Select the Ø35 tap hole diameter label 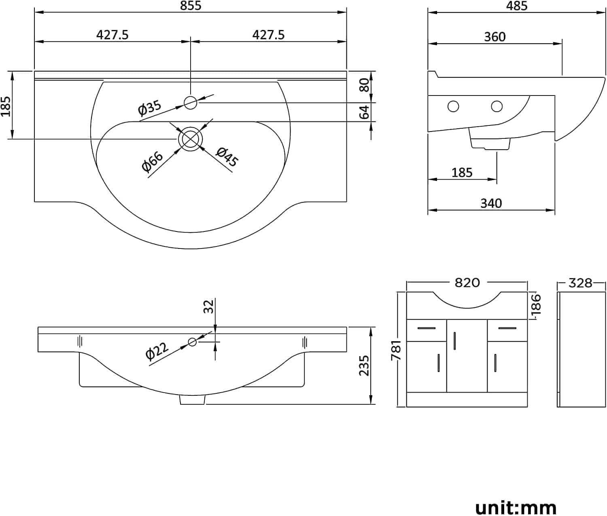click(x=149, y=108)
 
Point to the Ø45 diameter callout click(x=227, y=157)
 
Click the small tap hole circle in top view click(x=191, y=103)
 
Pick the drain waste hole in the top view click(x=191, y=139)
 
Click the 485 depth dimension click(x=516, y=6)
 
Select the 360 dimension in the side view click(x=495, y=37)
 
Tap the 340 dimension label click(x=491, y=203)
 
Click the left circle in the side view click(x=453, y=106)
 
